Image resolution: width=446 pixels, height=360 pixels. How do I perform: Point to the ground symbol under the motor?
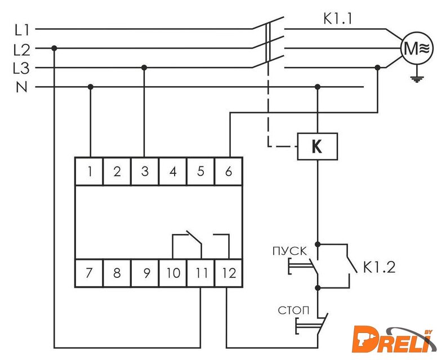(417, 78)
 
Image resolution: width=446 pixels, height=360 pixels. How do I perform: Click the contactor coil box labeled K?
(317, 147)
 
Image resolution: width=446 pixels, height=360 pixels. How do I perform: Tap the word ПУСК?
(289, 250)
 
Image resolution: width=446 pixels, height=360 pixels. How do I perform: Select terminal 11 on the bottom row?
(201, 274)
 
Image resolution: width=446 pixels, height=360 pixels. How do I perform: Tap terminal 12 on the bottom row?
(228, 274)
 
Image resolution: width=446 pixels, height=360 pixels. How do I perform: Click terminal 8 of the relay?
(117, 274)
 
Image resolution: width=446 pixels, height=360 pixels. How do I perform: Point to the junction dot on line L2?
(54, 48)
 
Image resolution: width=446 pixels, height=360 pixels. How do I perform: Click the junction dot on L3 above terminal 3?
(144, 67)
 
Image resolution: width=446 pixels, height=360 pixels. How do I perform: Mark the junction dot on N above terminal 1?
(90, 87)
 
